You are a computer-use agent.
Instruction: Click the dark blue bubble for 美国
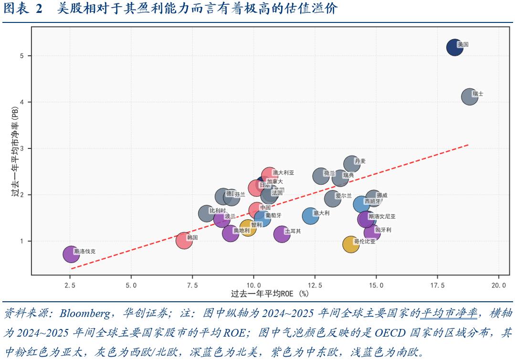(x=454, y=47)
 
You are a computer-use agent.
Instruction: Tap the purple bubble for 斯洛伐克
(x=71, y=254)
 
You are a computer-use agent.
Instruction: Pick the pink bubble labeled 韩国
(x=184, y=240)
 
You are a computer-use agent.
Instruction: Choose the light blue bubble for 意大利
(x=311, y=216)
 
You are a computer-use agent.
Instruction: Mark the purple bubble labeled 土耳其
(x=283, y=234)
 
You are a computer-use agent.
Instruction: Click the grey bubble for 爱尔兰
(x=333, y=198)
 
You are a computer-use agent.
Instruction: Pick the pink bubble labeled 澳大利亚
(x=270, y=176)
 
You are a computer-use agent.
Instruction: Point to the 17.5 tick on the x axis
(x=437, y=285)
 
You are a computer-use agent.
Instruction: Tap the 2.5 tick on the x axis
(x=70, y=285)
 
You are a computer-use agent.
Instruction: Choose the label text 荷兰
(x=329, y=174)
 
